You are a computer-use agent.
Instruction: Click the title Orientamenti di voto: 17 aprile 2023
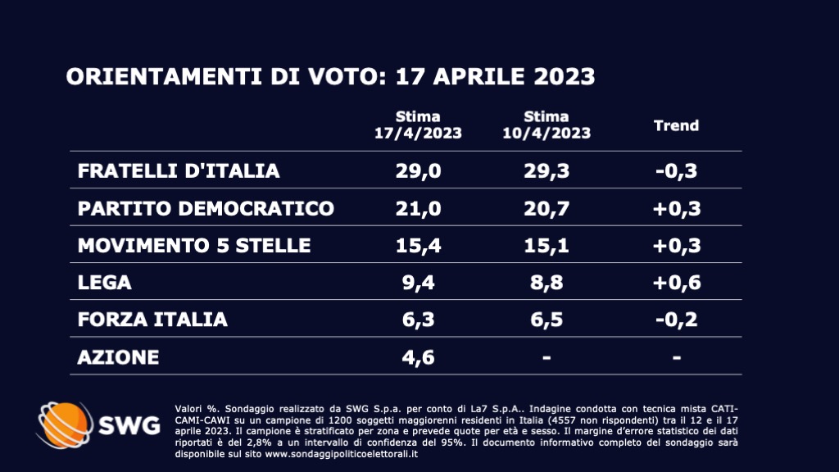point(330,77)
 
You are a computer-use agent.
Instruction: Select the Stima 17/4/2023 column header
point(418,125)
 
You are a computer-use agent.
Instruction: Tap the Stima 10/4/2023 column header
point(546,125)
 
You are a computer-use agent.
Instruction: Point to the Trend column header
point(676,125)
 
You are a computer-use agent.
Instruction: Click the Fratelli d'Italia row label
point(179,170)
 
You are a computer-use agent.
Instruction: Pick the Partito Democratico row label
point(206,208)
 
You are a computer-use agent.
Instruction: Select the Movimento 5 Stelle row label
point(194,245)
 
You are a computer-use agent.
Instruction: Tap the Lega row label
point(104,283)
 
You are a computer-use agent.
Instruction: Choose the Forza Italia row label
point(152,320)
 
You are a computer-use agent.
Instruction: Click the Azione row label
point(118,357)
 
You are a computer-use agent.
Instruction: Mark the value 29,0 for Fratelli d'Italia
point(418,170)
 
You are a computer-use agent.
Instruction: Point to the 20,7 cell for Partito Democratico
point(546,208)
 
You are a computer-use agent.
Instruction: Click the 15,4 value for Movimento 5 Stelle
point(418,245)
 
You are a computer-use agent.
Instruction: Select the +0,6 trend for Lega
point(676,283)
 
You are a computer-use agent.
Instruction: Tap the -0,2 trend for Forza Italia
point(676,320)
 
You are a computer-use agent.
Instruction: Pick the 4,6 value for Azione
point(418,357)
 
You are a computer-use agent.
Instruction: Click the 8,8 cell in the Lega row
point(546,283)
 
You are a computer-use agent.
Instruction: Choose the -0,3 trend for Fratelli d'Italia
point(676,170)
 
